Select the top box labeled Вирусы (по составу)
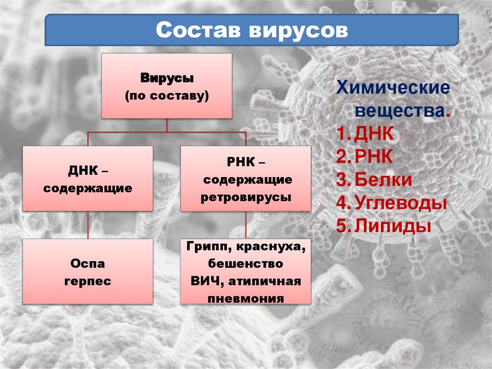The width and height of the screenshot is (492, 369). pyautogui.click(x=167, y=86)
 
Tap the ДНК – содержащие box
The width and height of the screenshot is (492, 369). pyautogui.click(x=87, y=178)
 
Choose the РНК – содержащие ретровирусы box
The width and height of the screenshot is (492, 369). pyautogui.click(x=246, y=178)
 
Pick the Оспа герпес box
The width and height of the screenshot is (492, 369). pyautogui.click(x=87, y=272)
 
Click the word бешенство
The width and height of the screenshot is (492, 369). pyautogui.click(x=246, y=264)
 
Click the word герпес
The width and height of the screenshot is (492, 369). pyautogui.click(x=87, y=281)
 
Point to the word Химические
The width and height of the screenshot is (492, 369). pyautogui.click(x=392, y=88)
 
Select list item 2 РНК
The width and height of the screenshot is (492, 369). pyautogui.click(x=374, y=157)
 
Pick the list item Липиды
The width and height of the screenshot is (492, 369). pyautogui.click(x=392, y=226)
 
